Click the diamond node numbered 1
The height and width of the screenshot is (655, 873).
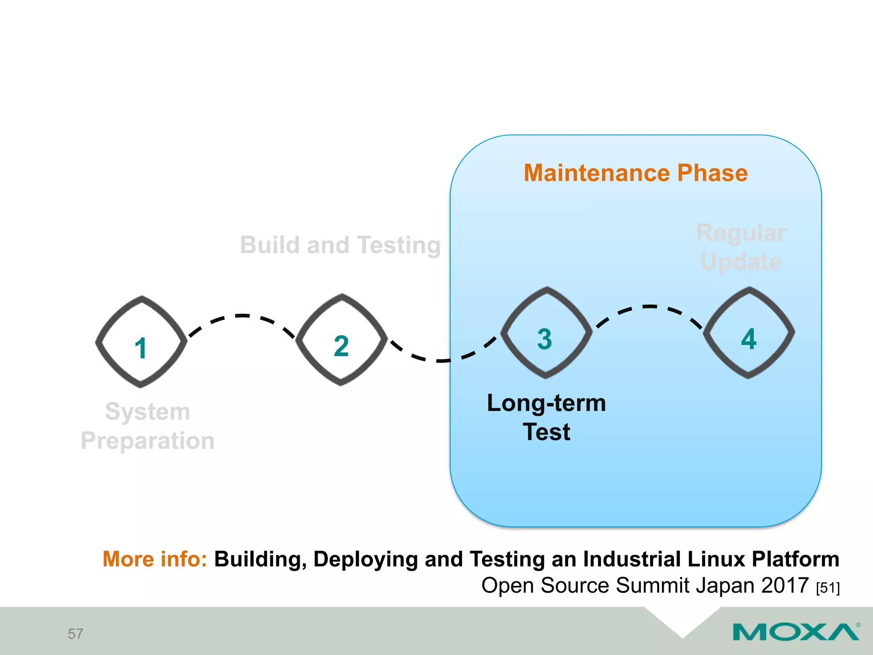coord(141,342)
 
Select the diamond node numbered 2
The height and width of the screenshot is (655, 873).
coord(341,340)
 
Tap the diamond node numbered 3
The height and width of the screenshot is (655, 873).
coord(546,333)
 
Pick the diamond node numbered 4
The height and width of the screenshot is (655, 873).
coord(749,333)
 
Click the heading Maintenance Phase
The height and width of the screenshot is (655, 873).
coord(636,173)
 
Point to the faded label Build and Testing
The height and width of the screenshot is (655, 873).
coord(340,245)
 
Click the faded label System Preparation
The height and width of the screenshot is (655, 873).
coord(147,426)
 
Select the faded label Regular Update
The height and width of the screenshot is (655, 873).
coord(741,247)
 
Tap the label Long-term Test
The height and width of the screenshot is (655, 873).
coord(546,417)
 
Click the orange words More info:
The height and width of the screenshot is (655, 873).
coord(155,559)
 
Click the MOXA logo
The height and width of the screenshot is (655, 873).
coord(796,632)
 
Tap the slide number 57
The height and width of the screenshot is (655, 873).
coord(75,634)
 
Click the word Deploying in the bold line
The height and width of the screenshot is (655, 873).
coord(365,560)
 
